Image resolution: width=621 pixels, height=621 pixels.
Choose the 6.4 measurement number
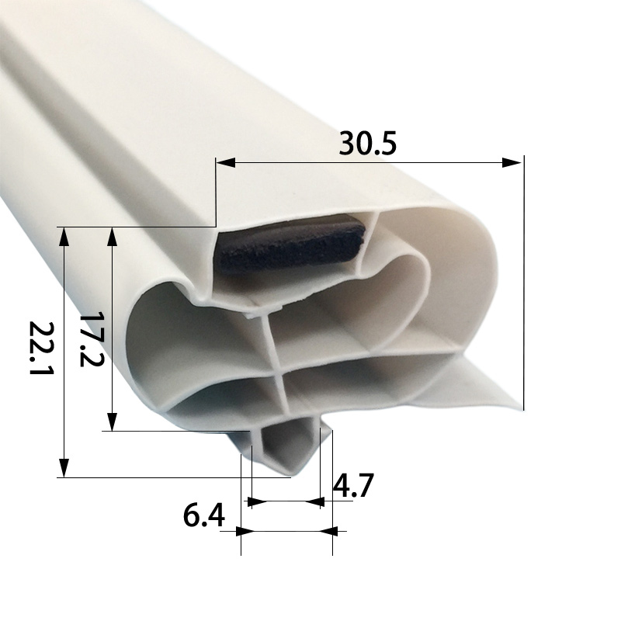203,516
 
